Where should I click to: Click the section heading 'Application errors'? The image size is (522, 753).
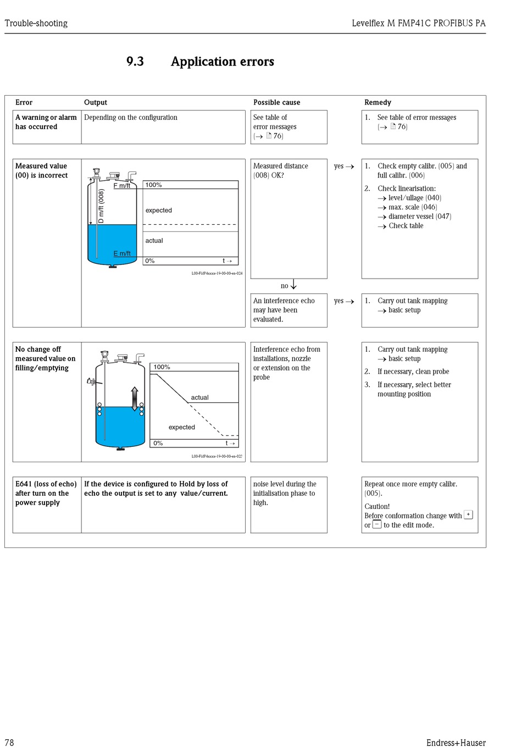click(x=222, y=62)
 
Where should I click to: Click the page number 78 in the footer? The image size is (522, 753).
click(x=9, y=743)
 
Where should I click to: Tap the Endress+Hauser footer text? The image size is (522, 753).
click(x=456, y=743)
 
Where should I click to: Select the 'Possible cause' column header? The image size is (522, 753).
click(x=276, y=102)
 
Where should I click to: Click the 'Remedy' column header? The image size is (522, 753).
click(x=377, y=102)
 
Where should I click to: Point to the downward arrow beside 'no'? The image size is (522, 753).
click(x=293, y=285)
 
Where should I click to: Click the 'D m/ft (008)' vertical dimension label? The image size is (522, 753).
click(x=101, y=206)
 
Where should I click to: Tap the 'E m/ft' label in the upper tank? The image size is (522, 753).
click(x=122, y=253)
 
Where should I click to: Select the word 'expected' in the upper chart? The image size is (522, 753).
click(x=158, y=211)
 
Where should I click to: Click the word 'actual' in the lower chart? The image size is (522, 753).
click(x=199, y=397)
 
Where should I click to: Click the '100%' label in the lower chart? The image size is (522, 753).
click(x=162, y=367)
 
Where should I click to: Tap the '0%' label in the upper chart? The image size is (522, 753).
click(x=149, y=261)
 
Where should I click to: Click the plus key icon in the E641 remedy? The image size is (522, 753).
click(x=468, y=515)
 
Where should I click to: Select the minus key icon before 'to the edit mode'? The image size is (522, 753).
click(x=377, y=524)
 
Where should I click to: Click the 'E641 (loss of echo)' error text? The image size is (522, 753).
click(x=46, y=484)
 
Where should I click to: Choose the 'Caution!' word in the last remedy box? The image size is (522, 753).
click(x=377, y=506)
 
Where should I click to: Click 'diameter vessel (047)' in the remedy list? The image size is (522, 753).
click(x=419, y=217)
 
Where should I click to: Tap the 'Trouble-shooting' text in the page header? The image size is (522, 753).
click(x=36, y=23)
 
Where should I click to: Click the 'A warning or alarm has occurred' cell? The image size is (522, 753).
click(x=46, y=122)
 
